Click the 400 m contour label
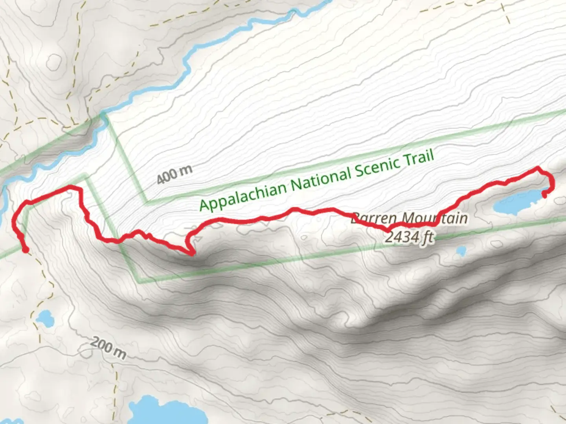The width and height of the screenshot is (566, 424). tap(175, 174)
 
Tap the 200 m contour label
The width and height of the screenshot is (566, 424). tap(108, 348)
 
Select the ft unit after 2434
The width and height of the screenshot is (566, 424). tap(428, 237)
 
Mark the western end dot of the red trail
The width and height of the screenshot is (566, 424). tap(26, 250)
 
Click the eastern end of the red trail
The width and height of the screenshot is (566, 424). tap(544, 194)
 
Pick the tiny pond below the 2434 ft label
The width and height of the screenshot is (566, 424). tap(460, 250)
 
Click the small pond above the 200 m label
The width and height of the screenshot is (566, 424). tap(44, 317)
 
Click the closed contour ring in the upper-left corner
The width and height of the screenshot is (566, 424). tap(54, 62)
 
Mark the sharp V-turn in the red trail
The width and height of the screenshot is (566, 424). tap(191, 253)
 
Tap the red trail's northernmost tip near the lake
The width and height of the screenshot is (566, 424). tap(538, 168)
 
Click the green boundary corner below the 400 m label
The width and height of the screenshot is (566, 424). tap(146, 203)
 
